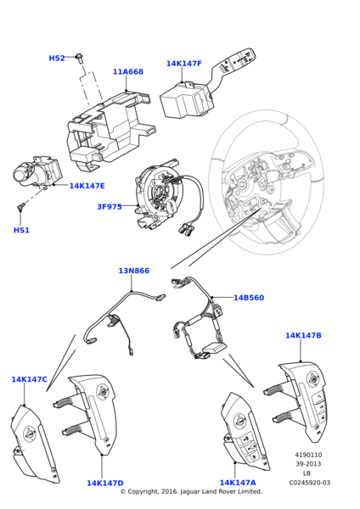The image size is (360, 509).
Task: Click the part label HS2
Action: coord(56,59)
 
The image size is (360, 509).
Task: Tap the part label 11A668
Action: coord(127,72)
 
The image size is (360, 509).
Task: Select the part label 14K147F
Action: coord(183,64)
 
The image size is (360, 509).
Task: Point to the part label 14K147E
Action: coord(87,186)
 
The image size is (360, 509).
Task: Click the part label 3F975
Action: coord(109,207)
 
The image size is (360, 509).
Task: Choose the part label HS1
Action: coord(21,230)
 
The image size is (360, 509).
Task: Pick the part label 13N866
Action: coord(133,295)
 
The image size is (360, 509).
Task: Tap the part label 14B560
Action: coord(249,322)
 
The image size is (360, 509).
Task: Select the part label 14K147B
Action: coord(303,336)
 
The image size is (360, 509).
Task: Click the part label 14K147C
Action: coord(29,380)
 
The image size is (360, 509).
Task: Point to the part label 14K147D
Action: coord(104,484)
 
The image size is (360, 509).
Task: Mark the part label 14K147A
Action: coord(238,483)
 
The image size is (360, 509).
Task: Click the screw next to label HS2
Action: coord(78,57)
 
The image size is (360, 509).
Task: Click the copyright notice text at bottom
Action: coord(190,492)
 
